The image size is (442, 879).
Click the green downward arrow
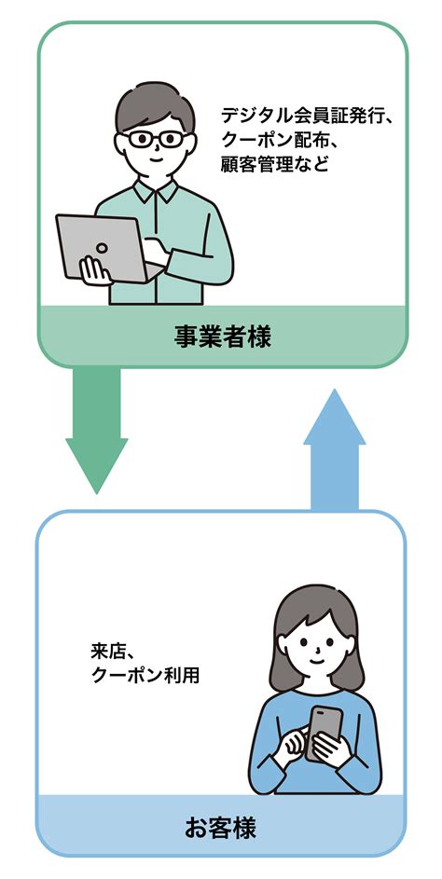(x=96, y=430)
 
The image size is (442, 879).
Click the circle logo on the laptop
(x=102, y=248)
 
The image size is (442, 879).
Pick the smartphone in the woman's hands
(x=325, y=732)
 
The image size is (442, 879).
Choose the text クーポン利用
(x=145, y=675)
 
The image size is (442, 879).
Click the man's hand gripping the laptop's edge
(x=94, y=269)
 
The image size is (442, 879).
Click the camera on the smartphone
(x=318, y=713)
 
